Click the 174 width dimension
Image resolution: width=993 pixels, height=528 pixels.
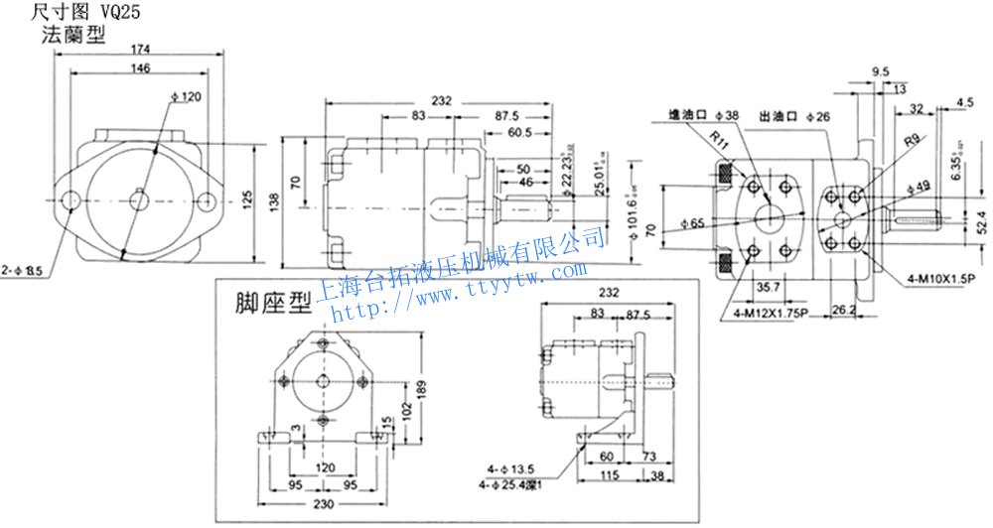pos(140,49)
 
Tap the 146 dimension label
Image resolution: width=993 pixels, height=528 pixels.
pos(140,68)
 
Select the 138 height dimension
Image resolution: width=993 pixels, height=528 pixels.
pos(277,202)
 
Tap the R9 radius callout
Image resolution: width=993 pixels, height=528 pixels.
pos(912,142)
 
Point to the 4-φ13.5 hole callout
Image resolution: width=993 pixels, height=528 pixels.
pos(509,466)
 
